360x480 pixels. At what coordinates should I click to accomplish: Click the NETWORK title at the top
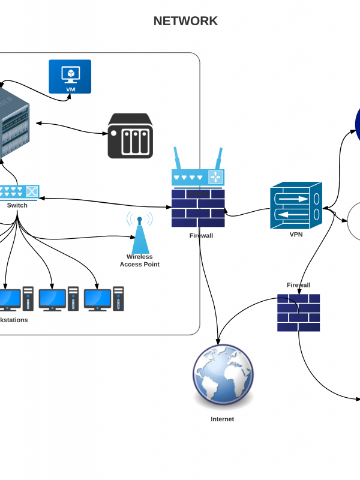pos(185,22)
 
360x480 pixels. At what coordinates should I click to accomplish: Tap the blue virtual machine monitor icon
pos(70,76)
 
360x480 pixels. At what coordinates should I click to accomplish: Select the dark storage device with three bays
pos(130,136)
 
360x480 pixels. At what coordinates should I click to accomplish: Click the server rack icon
pos(12,124)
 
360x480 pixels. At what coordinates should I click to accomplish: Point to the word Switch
pos(17,205)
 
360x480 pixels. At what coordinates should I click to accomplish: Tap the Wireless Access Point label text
pos(139,260)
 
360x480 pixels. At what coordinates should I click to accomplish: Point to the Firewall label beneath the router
pos(201,236)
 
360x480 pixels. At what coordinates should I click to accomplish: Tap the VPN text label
pos(296,235)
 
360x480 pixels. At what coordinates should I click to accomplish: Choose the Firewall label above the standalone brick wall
pos(298,285)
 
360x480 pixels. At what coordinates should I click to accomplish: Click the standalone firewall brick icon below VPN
pos(298,313)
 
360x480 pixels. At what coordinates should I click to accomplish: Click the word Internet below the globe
pos(222,419)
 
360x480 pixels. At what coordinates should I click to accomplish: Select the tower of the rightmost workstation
pos(119,298)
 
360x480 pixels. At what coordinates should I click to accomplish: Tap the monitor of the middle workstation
pos(52,299)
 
